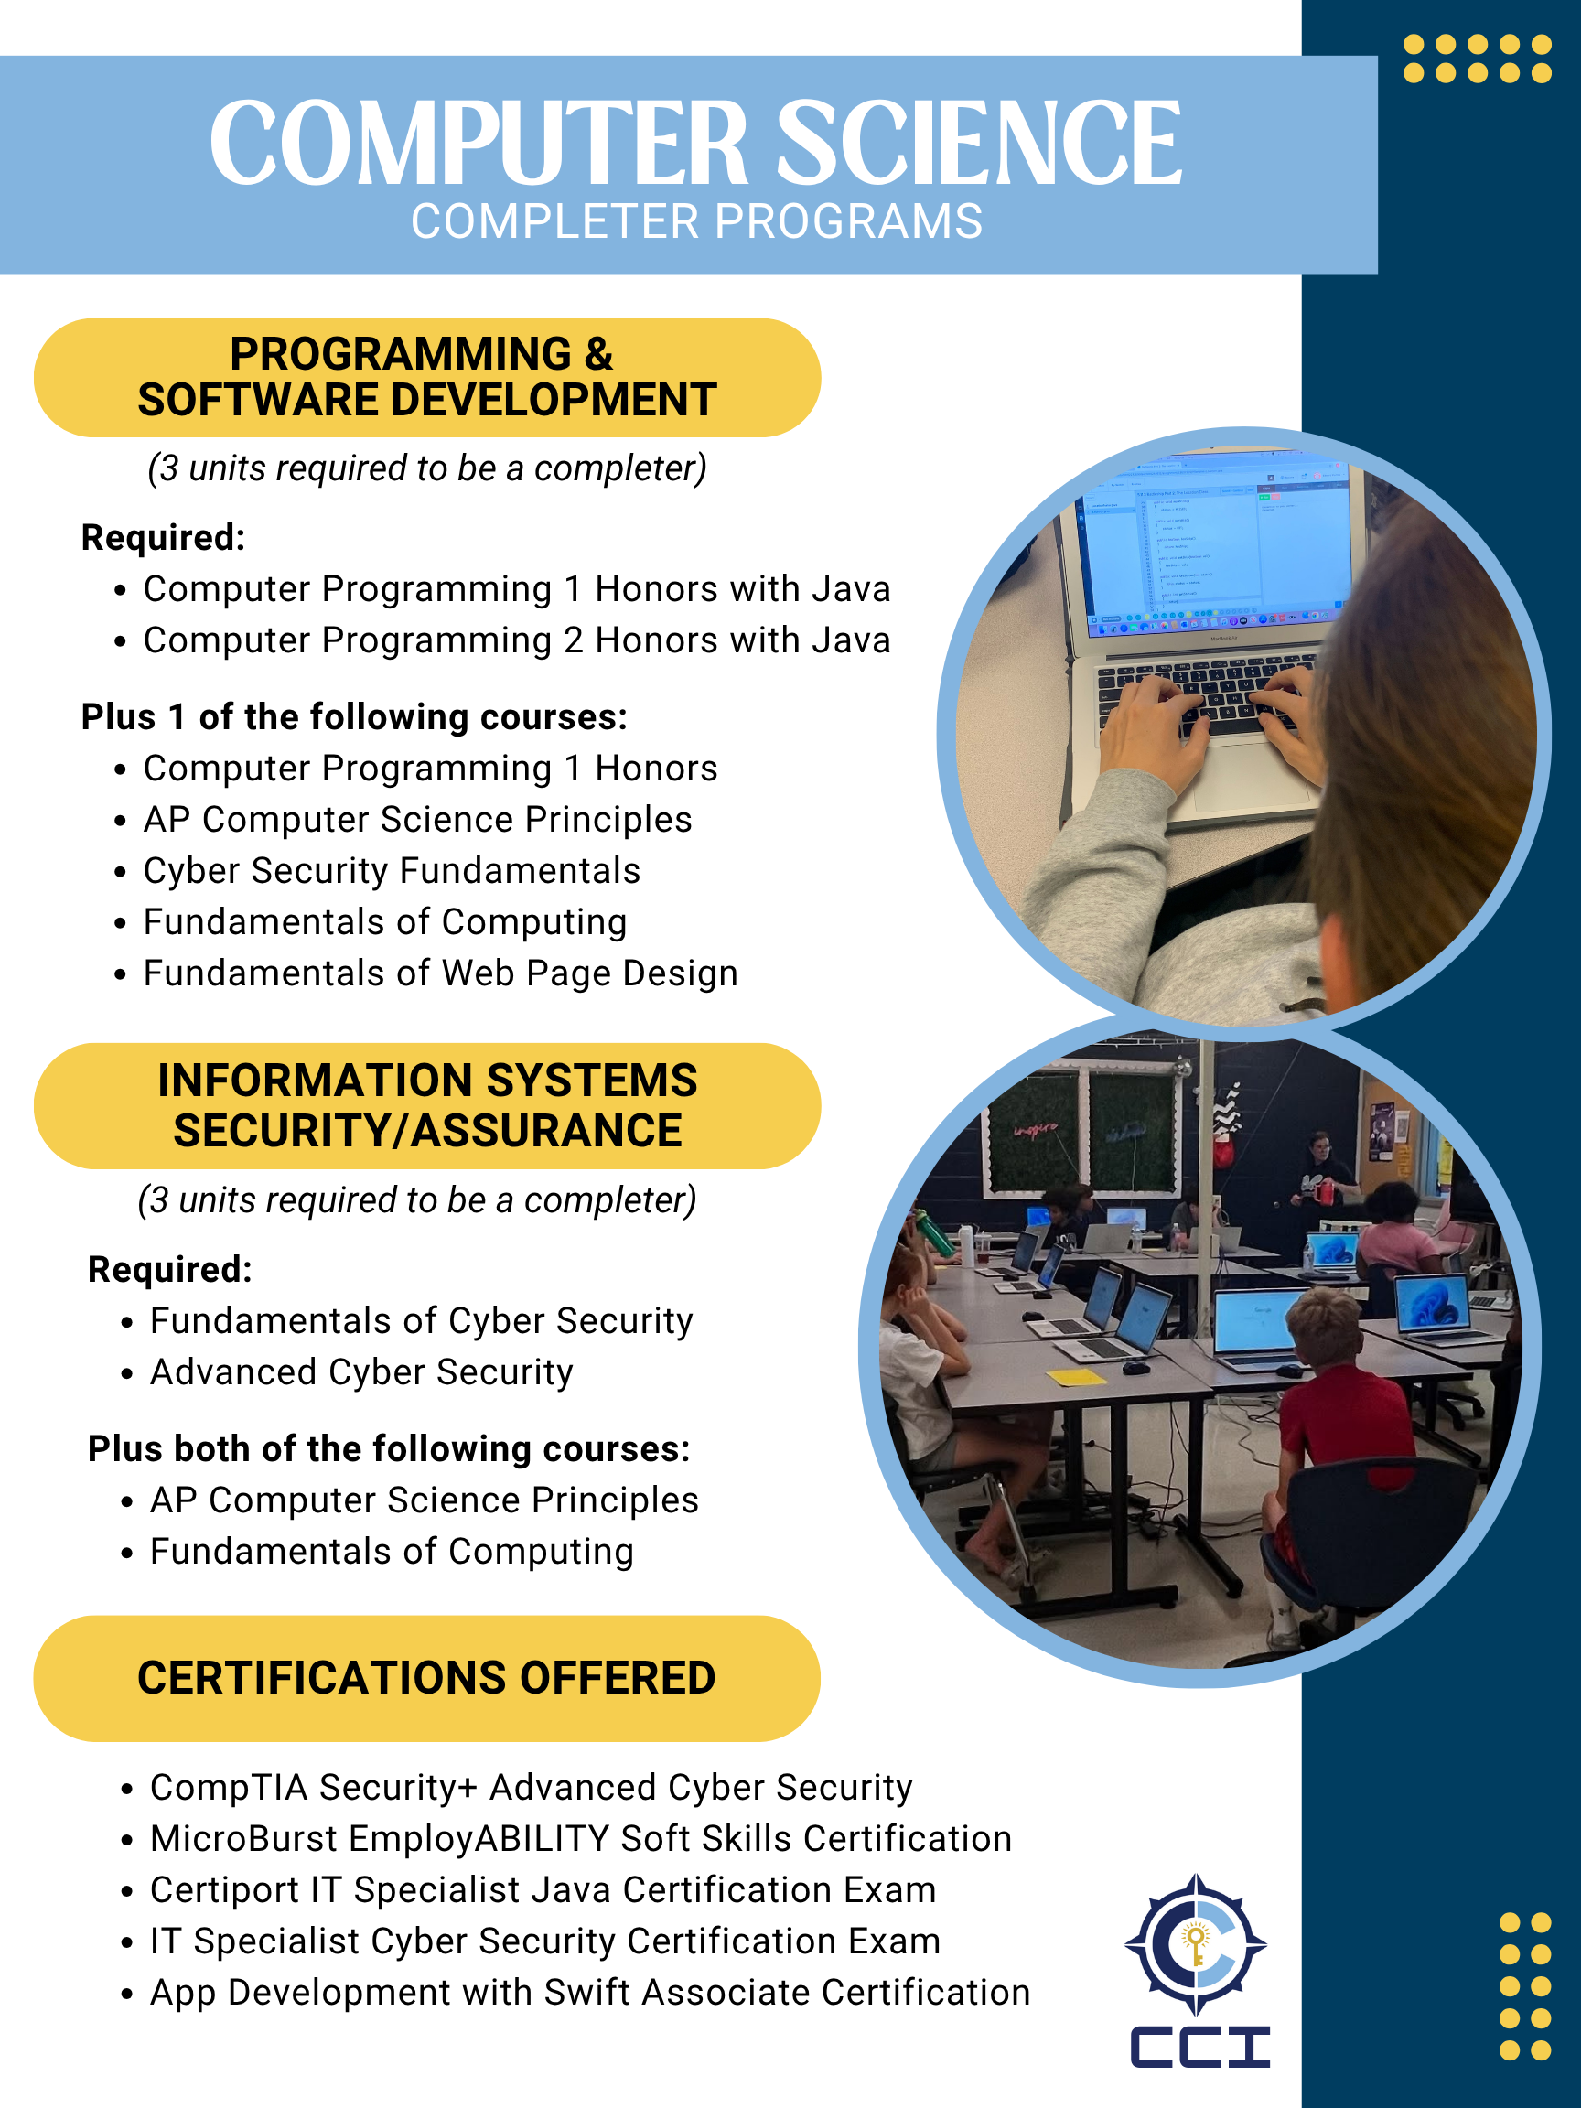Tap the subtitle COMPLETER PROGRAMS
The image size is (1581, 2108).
tap(695, 222)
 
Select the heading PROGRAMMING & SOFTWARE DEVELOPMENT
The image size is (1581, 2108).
tap(426, 377)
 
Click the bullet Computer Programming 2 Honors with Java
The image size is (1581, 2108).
tap(516, 640)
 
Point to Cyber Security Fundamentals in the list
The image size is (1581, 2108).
tap(391, 871)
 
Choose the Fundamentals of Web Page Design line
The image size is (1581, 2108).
tap(440, 973)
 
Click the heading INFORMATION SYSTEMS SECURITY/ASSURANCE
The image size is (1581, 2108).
tap(426, 1105)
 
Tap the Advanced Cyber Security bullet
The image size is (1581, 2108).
tap(361, 1372)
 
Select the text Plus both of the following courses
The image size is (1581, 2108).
tap(388, 1448)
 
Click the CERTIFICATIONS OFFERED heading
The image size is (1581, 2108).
tap(426, 1678)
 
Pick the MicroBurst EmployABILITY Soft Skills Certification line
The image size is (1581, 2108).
tap(580, 1838)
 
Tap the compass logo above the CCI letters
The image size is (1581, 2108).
tap(1196, 1944)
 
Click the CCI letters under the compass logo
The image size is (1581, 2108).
tap(1199, 2047)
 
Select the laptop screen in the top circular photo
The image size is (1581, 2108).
tap(1215, 543)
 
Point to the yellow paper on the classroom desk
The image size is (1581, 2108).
tap(1076, 1376)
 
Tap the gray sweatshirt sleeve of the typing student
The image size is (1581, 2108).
tap(1115, 857)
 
